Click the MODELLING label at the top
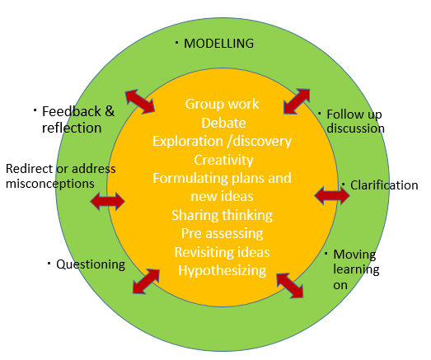point(218,43)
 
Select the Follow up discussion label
point(355,122)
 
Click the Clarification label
point(384,185)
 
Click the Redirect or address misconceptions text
point(59,176)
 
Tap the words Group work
point(222,104)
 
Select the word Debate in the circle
point(223,123)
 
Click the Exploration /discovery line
point(222,141)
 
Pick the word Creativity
point(223,159)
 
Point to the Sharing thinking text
point(222,215)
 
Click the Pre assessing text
point(222,233)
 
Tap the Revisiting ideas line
point(222,251)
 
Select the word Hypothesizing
point(223,269)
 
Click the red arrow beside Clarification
point(332,195)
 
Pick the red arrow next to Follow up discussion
point(297,101)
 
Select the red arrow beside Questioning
point(147,280)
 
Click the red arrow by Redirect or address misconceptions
point(107,200)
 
